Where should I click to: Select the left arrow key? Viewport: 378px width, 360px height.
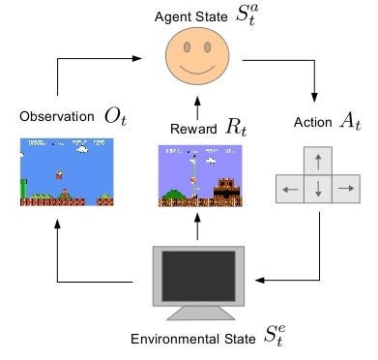[x=290, y=190]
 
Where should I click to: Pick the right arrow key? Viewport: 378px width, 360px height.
[x=345, y=190]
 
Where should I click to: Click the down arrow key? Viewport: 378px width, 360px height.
[x=318, y=190]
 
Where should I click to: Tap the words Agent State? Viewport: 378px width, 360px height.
[x=184, y=15]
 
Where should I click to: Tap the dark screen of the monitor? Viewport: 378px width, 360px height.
[x=199, y=275]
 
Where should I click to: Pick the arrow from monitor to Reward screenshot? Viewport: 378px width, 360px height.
[x=197, y=226]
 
